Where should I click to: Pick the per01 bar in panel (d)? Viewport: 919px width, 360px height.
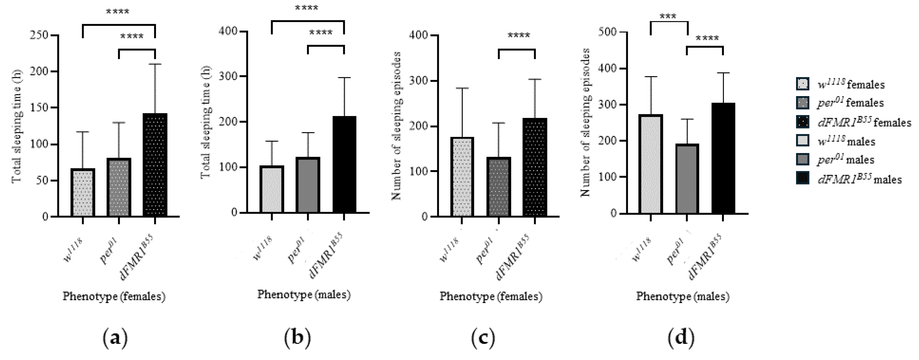click(687, 178)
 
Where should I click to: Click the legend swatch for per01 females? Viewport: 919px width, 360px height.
click(803, 103)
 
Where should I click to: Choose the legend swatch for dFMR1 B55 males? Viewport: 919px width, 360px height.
click(803, 178)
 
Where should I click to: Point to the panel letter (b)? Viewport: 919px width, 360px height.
click(297, 337)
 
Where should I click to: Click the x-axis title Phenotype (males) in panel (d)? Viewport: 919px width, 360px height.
click(682, 296)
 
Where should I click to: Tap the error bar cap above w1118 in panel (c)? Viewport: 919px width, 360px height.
click(462, 88)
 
